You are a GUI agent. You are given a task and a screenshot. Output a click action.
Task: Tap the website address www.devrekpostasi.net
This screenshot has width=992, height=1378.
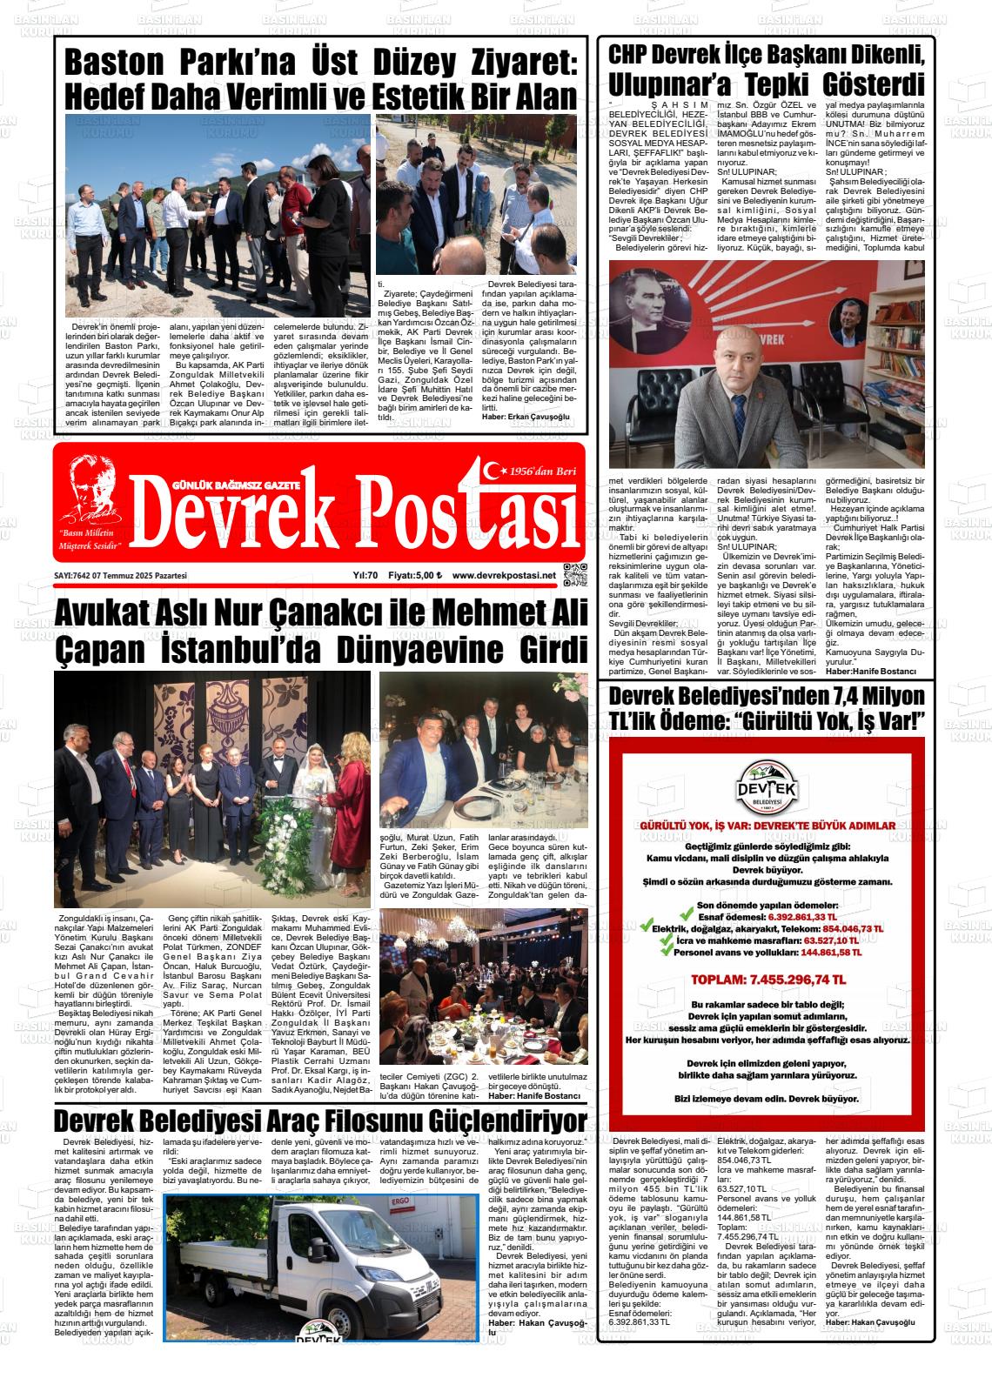(504, 575)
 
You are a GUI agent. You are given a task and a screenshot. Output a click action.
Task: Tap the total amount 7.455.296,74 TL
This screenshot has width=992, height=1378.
(767, 980)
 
